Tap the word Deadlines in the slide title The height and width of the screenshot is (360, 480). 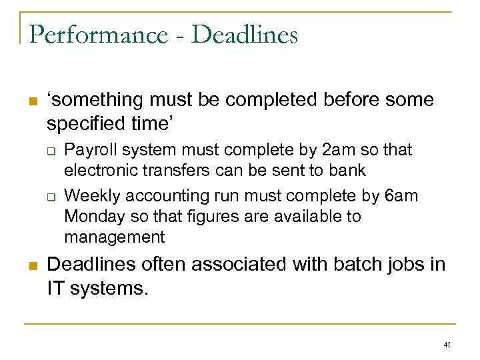click(x=245, y=35)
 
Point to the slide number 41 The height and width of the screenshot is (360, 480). click(x=447, y=345)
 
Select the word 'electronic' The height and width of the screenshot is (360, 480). click(x=102, y=171)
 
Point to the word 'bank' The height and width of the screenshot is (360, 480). click(x=347, y=171)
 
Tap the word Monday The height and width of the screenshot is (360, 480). click(x=91, y=217)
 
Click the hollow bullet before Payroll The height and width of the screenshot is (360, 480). click(x=51, y=151)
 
